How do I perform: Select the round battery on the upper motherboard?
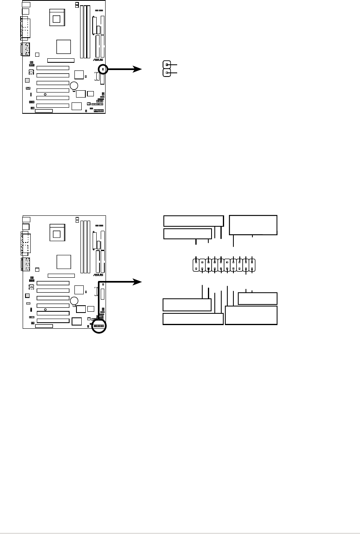pyautogui.click(x=74, y=85)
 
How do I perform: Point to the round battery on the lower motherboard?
pyautogui.click(x=74, y=301)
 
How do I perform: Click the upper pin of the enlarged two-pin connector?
pyautogui.click(x=167, y=64)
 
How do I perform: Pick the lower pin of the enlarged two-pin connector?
pyautogui.click(x=167, y=73)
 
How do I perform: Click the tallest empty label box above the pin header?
pyautogui.click(x=253, y=225)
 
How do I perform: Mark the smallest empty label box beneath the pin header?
pyautogui.click(x=258, y=298)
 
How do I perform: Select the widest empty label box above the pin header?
pyautogui.click(x=193, y=221)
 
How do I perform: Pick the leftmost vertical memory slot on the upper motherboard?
pyautogui.click(x=81, y=31)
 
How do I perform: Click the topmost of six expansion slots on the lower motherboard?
pyautogui.click(x=53, y=283)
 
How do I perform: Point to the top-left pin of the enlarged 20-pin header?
pyautogui.click(x=196, y=263)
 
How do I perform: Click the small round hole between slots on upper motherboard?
pyautogui.click(x=45, y=94)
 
